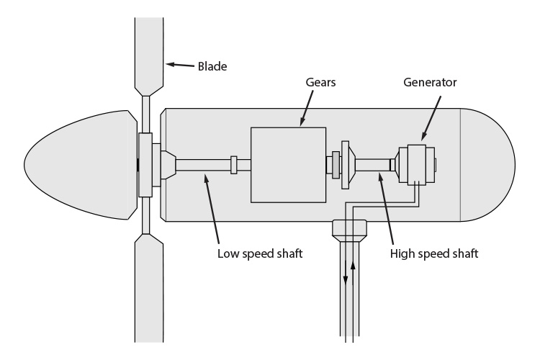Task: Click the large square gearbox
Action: pyautogui.click(x=288, y=164)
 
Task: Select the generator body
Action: pyautogui.click(x=417, y=165)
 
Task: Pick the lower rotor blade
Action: pyautogui.click(x=150, y=288)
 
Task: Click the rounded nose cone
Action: pyautogui.click(x=79, y=164)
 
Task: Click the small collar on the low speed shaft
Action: pyautogui.click(x=233, y=165)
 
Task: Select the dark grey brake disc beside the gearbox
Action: pyautogui.click(x=336, y=165)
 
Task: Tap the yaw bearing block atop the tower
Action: pyautogui.click(x=348, y=230)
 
